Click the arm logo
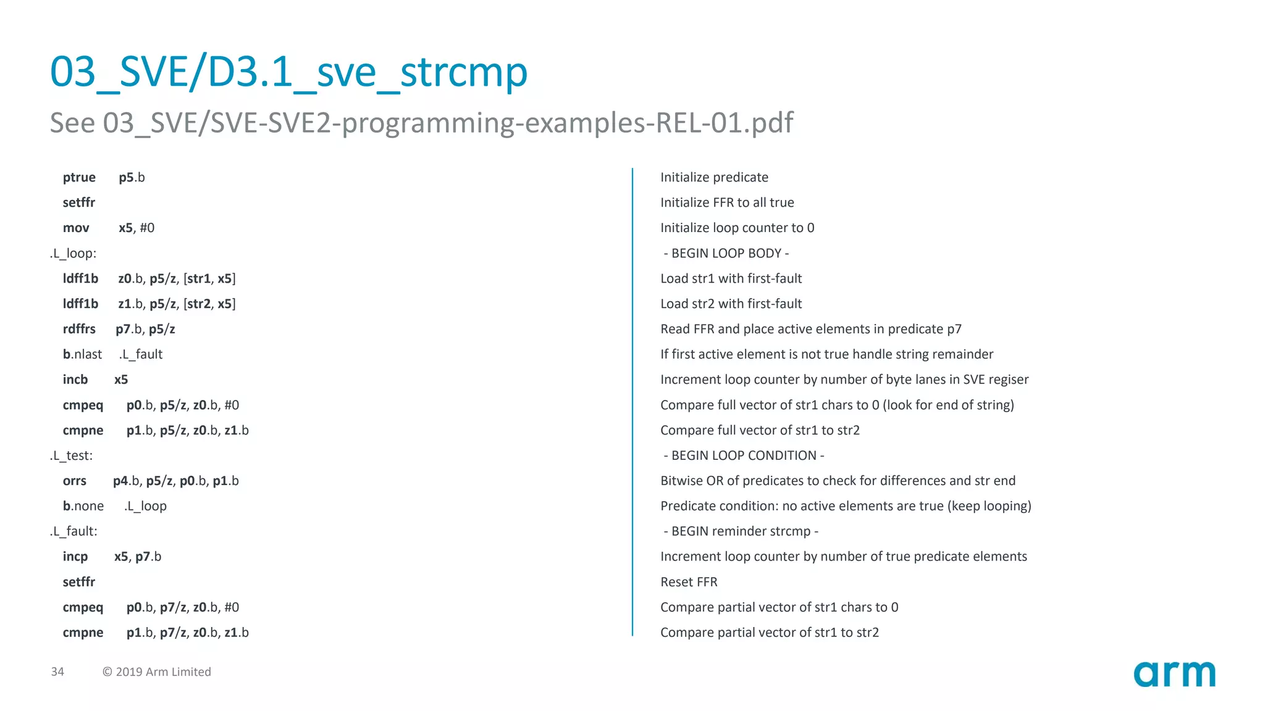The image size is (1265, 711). click(x=1174, y=674)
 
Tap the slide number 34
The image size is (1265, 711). click(x=57, y=671)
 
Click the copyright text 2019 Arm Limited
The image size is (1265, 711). click(x=157, y=671)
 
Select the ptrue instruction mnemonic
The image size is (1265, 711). click(x=79, y=178)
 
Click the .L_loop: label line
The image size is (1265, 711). click(x=73, y=254)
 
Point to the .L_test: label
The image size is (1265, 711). click(x=71, y=455)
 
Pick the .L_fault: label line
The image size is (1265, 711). click(x=74, y=531)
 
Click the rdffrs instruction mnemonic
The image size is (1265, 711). click(x=79, y=329)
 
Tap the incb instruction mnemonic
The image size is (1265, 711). click(x=75, y=380)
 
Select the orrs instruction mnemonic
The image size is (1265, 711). click(x=75, y=481)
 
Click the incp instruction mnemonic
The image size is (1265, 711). click(x=75, y=557)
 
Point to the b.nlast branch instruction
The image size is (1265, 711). click(x=82, y=354)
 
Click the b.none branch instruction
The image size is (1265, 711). click(x=83, y=506)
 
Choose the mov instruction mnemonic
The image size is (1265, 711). click(x=76, y=228)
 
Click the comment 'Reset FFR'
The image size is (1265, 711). click(x=689, y=582)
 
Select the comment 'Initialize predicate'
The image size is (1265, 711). click(x=714, y=178)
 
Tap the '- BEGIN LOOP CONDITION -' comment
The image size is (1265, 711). click(x=744, y=455)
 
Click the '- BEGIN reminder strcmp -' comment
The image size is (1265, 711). click(x=741, y=531)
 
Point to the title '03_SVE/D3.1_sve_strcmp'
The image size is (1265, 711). click(x=288, y=72)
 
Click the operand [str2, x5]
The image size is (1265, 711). click(x=209, y=304)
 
